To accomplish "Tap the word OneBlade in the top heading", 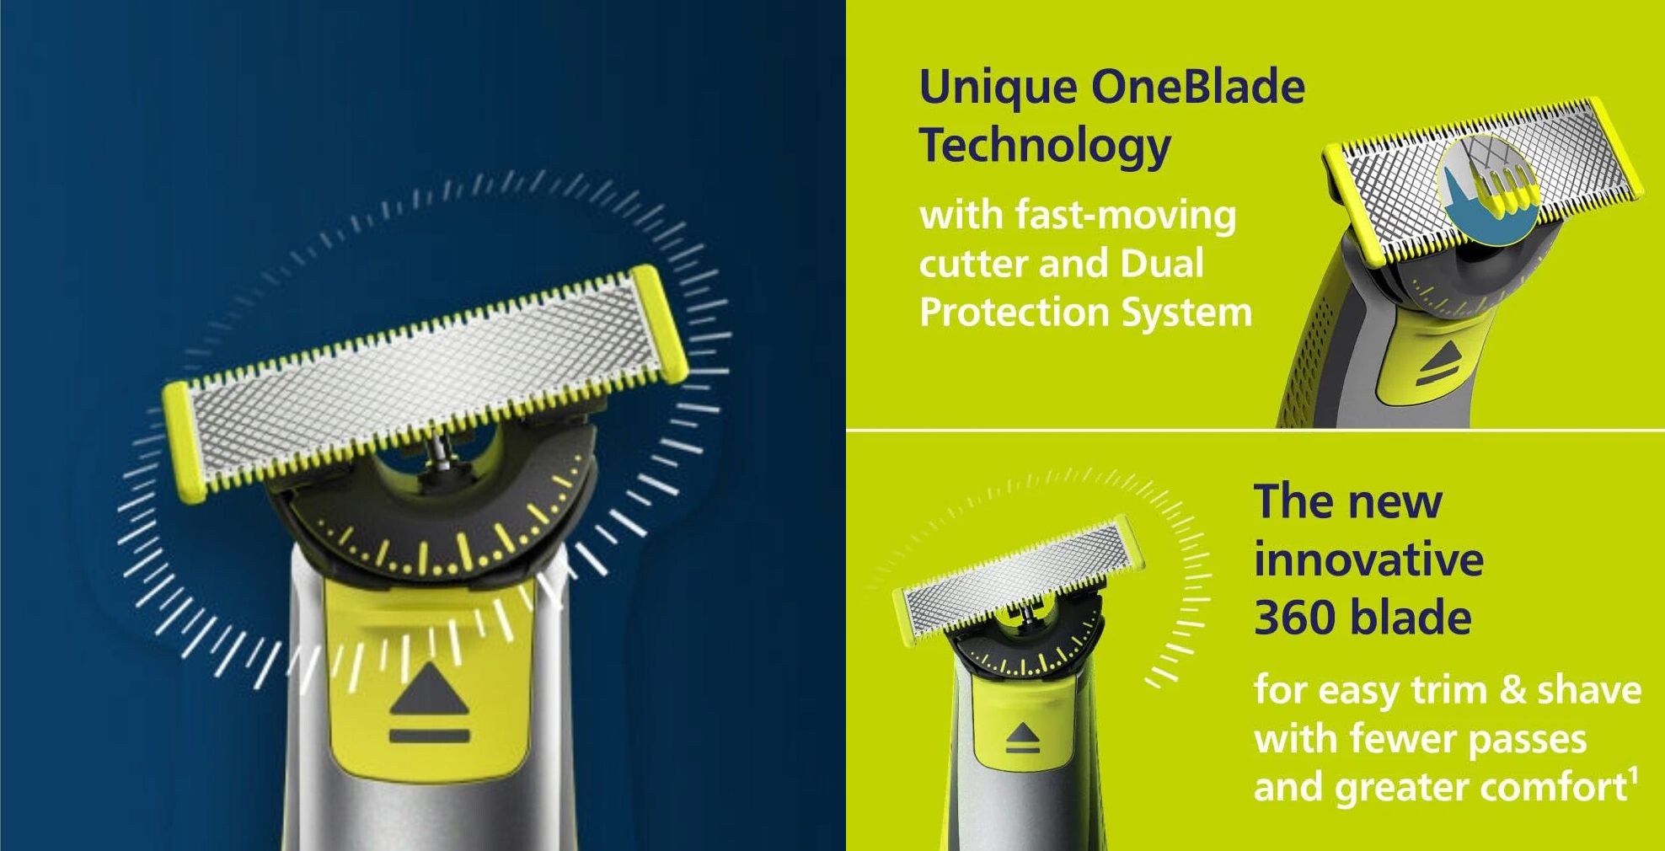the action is point(1197,86).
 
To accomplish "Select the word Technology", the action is point(1045,147).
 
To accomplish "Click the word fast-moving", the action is point(1126,216).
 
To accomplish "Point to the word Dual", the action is point(1162,264).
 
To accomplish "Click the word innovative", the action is point(1368,559).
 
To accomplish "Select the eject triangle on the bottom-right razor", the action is point(1022,732).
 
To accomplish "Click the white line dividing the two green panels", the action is point(1255,431).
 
